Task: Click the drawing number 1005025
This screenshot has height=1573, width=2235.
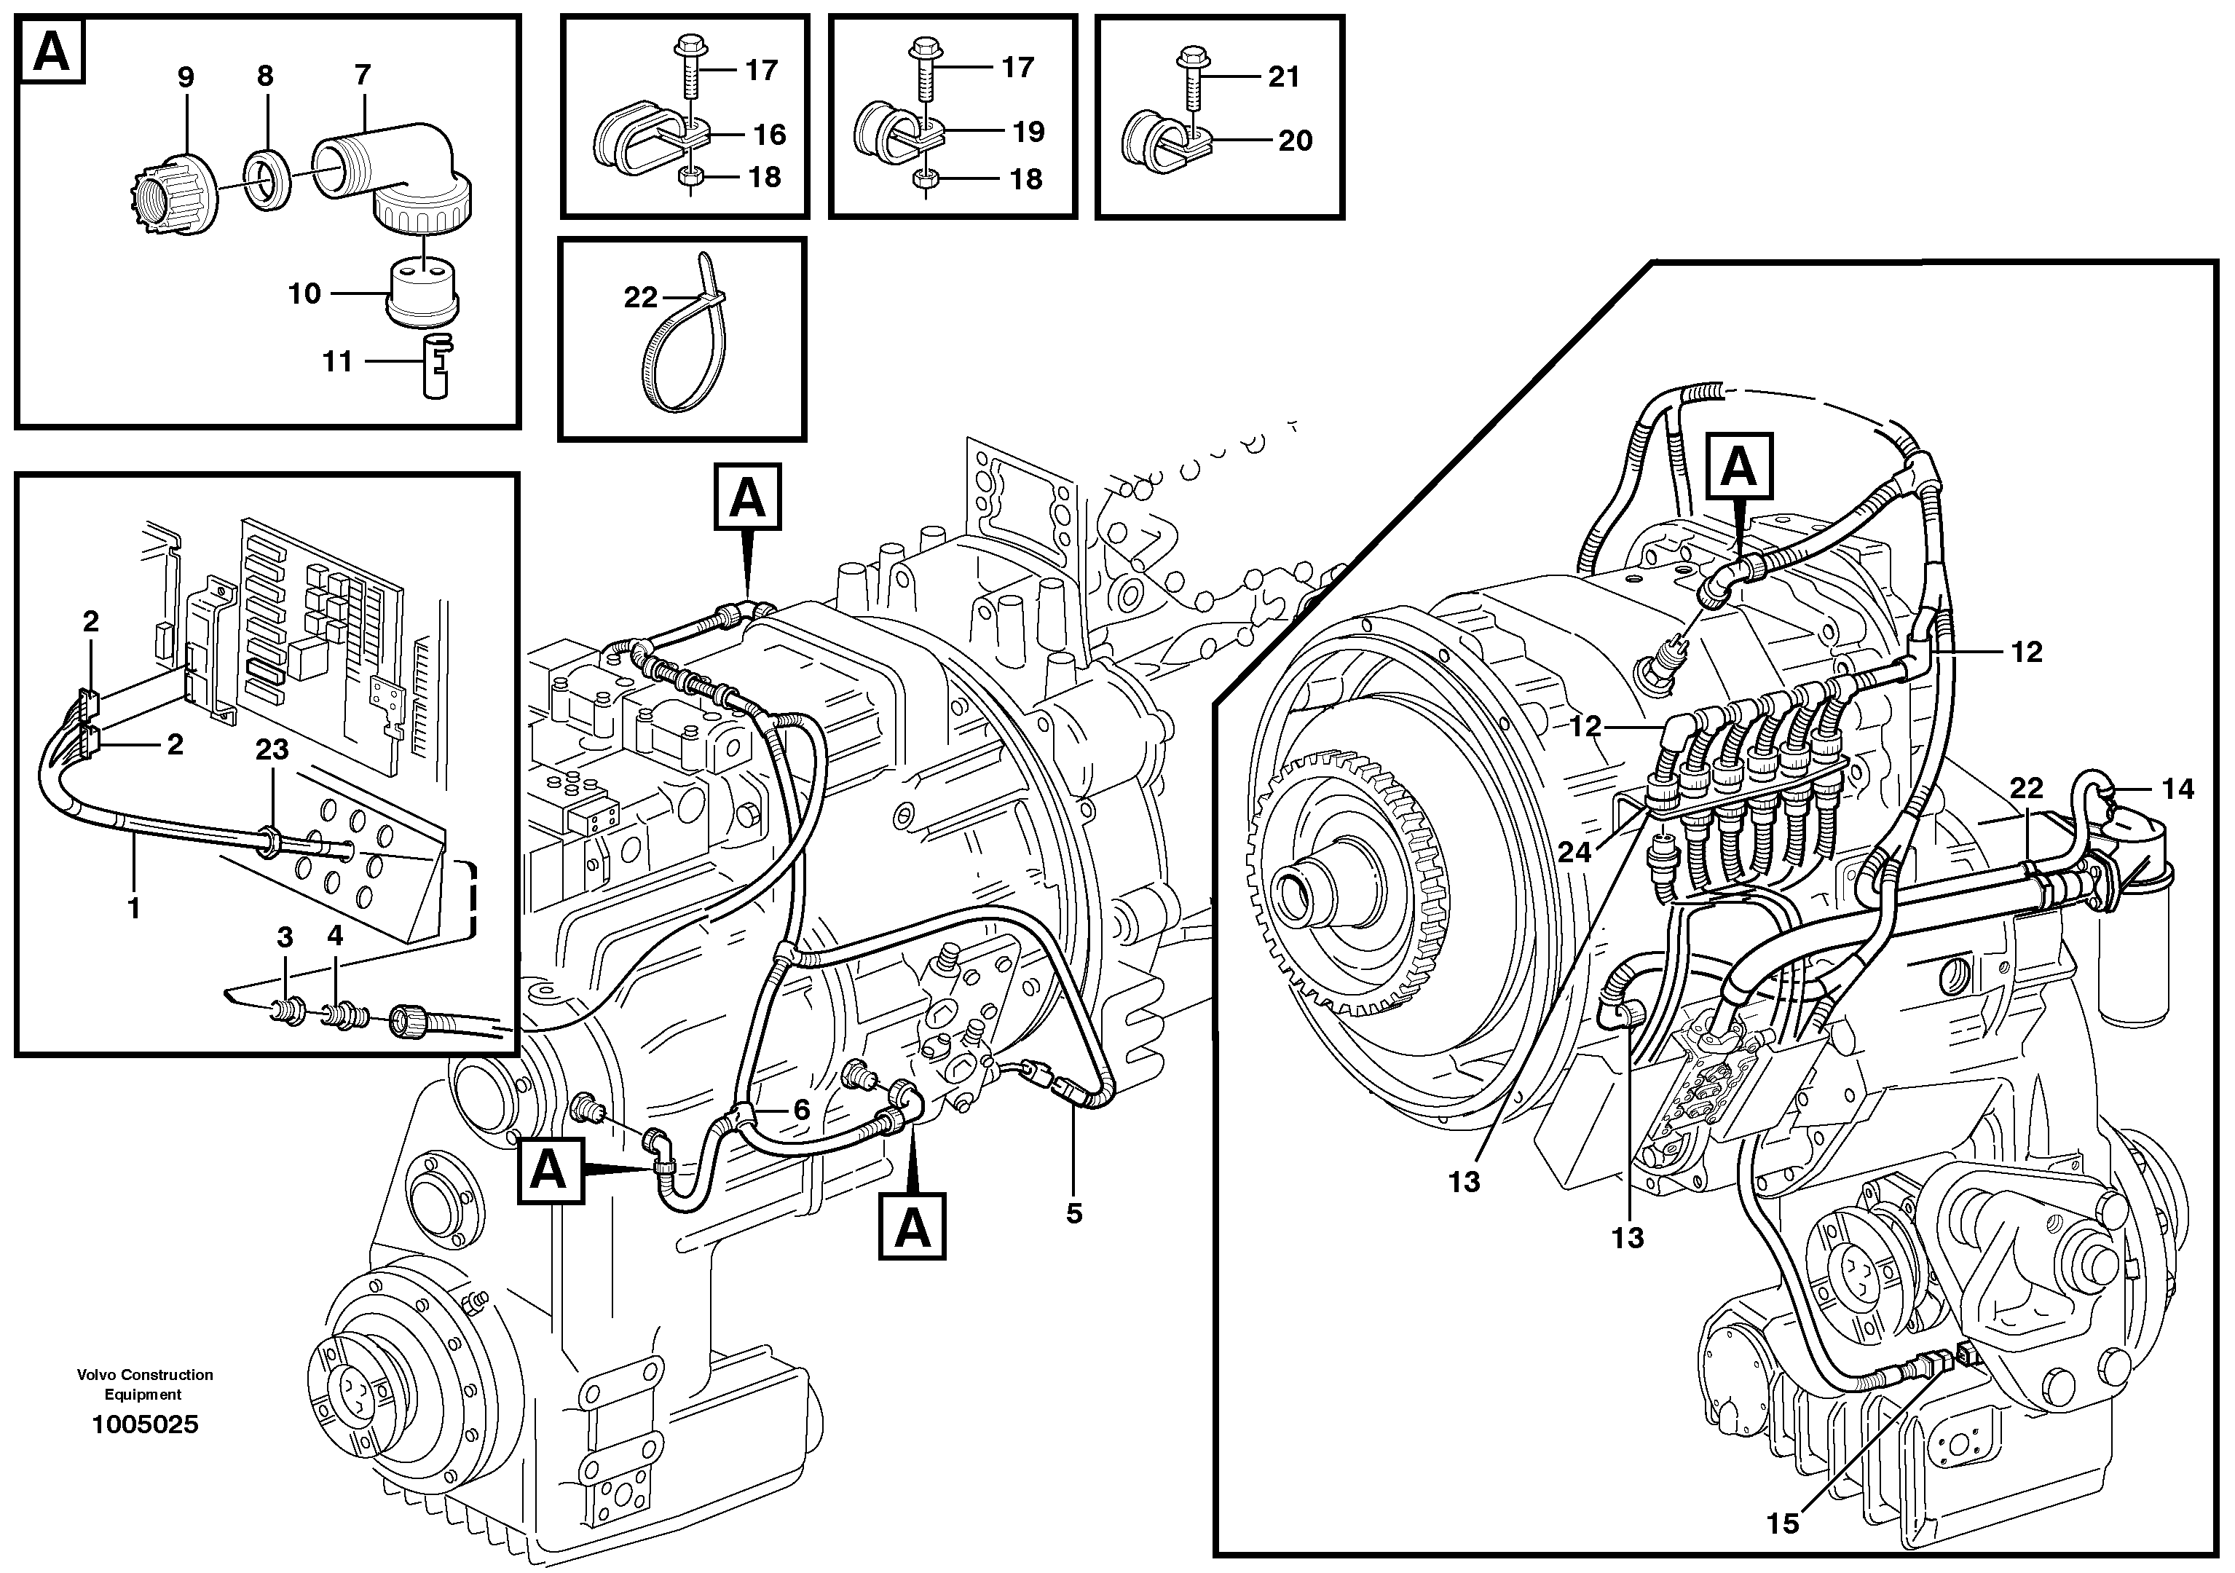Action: [144, 1425]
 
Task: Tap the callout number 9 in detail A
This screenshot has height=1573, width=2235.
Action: [185, 78]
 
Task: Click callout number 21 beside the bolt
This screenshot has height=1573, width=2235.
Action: [1284, 77]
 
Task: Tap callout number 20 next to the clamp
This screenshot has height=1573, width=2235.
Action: [1295, 141]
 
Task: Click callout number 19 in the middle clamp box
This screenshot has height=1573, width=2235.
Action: [1028, 131]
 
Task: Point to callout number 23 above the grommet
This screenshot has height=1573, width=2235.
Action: [272, 749]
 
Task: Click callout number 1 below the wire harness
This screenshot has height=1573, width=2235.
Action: [134, 908]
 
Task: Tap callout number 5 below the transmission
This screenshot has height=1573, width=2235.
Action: [1073, 1214]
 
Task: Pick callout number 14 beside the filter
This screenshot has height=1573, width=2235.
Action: [2177, 789]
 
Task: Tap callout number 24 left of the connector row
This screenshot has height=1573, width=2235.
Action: [1574, 853]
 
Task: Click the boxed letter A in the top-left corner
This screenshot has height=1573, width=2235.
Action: [52, 52]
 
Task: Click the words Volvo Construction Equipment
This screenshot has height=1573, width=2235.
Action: [144, 1384]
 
